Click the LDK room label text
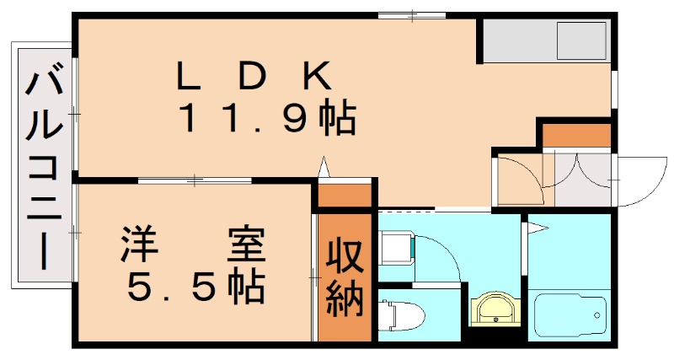[254, 76]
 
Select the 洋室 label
[192, 244]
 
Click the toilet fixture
[401, 316]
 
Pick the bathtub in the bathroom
[570, 314]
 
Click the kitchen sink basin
[581, 40]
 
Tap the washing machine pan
[397, 249]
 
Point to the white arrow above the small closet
[324, 166]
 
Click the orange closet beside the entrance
[577, 135]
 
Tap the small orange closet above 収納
[345, 196]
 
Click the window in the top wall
[412, 16]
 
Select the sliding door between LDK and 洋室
[195, 180]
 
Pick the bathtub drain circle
[597, 315]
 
